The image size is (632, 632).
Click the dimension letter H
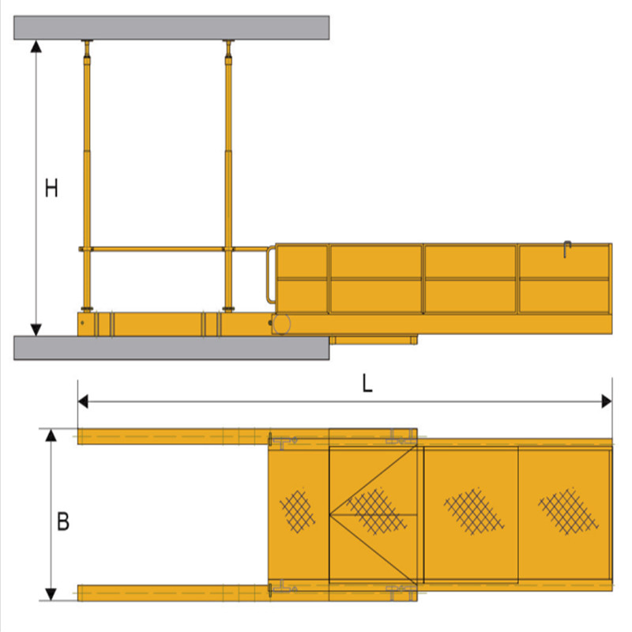coord(51,189)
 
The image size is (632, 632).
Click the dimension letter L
coord(367,383)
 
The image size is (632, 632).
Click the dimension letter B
coord(63,522)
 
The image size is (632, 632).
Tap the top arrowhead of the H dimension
coord(36,47)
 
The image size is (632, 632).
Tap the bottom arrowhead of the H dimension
coord(36,328)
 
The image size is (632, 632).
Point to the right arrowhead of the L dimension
coord(607,401)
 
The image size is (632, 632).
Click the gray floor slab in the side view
coord(171,348)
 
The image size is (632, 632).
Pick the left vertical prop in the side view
coord(86,174)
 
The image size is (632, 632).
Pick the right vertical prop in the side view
coord(229,174)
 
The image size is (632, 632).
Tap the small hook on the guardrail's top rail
coord(566,250)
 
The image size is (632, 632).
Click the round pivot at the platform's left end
coord(282,323)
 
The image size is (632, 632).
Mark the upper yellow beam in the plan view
coord(174,436)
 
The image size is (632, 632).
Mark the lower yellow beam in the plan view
coord(174,592)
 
